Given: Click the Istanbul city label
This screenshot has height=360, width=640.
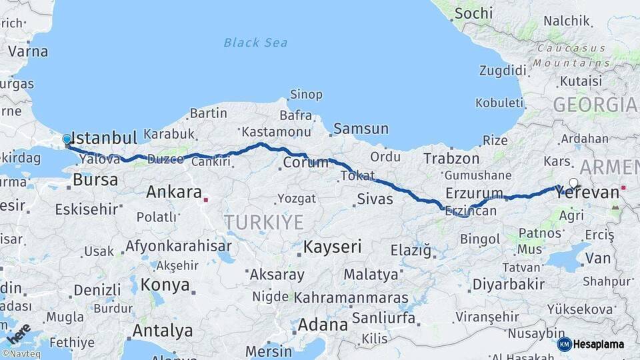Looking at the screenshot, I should click(x=104, y=138).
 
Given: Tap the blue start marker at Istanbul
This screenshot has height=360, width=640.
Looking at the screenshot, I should click(x=67, y=140).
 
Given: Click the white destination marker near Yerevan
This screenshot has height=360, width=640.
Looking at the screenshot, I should click(x=573, y=183).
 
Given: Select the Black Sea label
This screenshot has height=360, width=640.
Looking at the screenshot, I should click(x=255, y=43).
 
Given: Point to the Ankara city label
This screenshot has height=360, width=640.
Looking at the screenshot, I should click(x=173, y=193).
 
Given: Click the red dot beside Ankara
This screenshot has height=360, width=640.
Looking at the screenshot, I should click(x=206, y=199).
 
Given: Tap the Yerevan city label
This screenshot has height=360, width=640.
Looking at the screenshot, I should click(x=587, y=193).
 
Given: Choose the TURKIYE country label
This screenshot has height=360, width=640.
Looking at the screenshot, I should click(x=263, y=222).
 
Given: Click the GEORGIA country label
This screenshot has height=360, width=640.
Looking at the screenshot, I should click(x=595, y=105).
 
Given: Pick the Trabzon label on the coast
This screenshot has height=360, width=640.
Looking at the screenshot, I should click(x=451, y=159).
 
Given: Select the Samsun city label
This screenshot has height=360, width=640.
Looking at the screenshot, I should click(x=361, y=129).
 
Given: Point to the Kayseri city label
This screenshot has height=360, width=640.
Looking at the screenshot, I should click(x=332, y=247).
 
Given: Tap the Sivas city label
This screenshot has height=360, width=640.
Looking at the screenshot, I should click(x=375, y=199).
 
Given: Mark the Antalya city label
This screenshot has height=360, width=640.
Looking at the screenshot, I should click(x=162, y=331).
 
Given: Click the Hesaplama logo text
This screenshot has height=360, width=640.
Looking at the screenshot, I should click(x=599, y=345).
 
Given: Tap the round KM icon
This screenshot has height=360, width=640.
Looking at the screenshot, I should click(x=564, y=345).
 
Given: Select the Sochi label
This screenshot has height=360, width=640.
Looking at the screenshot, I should click(x=475, y=13).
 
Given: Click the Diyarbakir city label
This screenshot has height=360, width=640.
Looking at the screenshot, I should click(x=508, y=285).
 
